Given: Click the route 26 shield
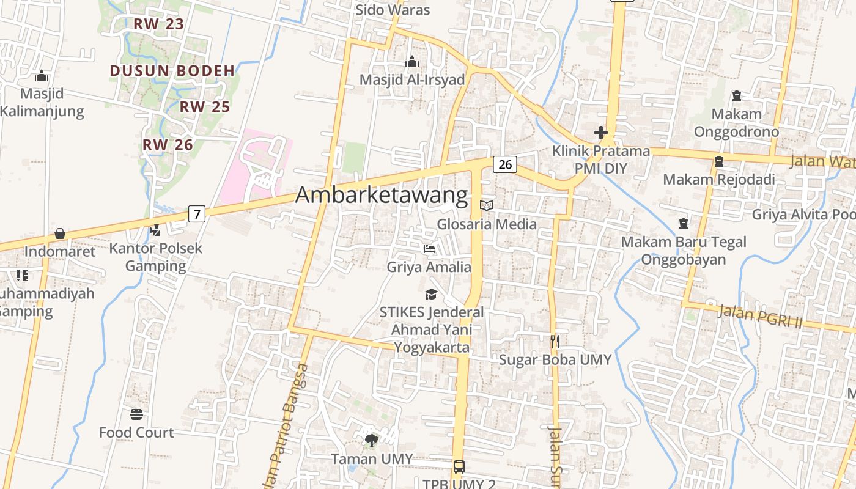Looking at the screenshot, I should [504, 164].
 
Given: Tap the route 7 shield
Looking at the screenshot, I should [196, 214].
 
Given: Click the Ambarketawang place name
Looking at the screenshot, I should [382, 196].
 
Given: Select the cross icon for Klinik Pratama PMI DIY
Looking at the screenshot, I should [601, 133].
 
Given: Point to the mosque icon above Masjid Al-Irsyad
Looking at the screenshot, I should [412, 62].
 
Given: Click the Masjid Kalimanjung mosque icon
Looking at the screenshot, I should [42, 76].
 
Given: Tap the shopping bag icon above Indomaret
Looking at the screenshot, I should [60, 234].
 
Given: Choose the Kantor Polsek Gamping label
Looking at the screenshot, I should [155, 257].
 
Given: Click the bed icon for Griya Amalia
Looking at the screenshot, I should [429, 249].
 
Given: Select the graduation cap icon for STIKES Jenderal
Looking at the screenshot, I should [432, 295].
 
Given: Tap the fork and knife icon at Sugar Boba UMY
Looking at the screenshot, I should [555, 342].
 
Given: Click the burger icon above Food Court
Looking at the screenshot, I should [136, 414].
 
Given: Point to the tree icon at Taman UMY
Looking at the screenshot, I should [371, 440].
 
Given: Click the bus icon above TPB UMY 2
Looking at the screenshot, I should [459, 467].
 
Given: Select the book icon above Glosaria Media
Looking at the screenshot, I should [487, 206].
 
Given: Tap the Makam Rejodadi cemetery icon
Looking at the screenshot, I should [719, 162].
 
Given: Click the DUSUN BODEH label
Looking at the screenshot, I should [172, 71].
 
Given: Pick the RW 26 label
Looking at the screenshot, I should [168, 145].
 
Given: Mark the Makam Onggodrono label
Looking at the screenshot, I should [736, 123].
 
